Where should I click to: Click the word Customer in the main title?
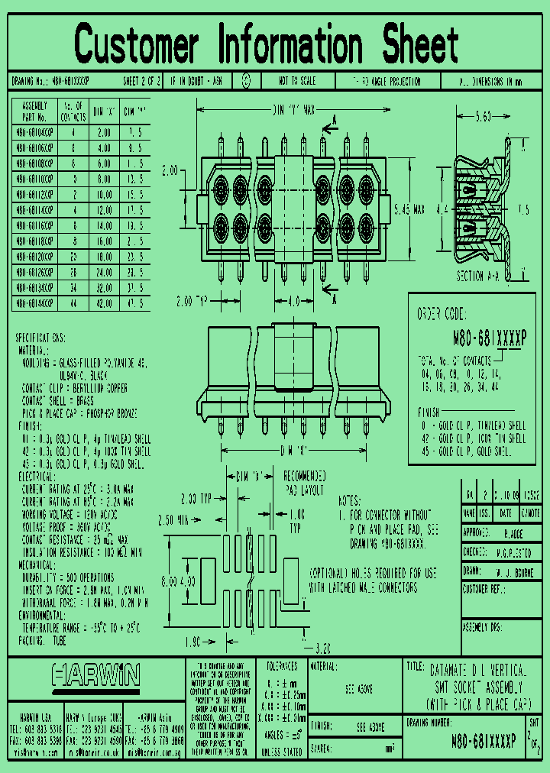pos(137,44)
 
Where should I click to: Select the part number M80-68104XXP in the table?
pos(34,131)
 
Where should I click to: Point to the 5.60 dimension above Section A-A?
pos(482,117)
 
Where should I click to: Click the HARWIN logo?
pos(95,674)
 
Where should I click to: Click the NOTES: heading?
pos(348,501)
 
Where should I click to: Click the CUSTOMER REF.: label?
pos(485,589)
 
